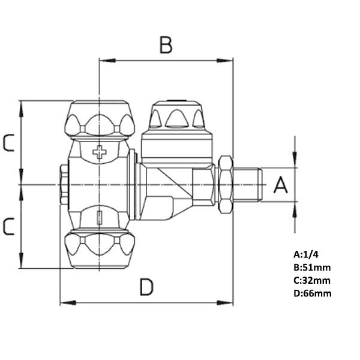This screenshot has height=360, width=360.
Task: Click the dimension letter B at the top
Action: pyautogui.click(x=166, y=45)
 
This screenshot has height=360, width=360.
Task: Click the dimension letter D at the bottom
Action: pyautogui.click(x=146, y=287)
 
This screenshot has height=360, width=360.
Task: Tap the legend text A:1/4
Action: pyautogui.click(x=305, y=253)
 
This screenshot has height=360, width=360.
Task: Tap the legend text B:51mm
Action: pyautogui.click(x=311, y=266)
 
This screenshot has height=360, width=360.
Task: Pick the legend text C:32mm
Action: pyautogui.click(x=311, y=280)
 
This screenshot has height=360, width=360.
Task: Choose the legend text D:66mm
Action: pyautogui.click(x=312, y=293)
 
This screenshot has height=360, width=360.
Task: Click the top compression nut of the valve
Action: pyautogui.click(x=100, y=119)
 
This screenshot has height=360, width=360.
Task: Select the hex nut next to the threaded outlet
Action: pyautogui.click(x=226, y=185)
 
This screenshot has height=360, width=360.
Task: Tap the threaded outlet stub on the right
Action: pyautogui.click(x=248, y=184)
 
